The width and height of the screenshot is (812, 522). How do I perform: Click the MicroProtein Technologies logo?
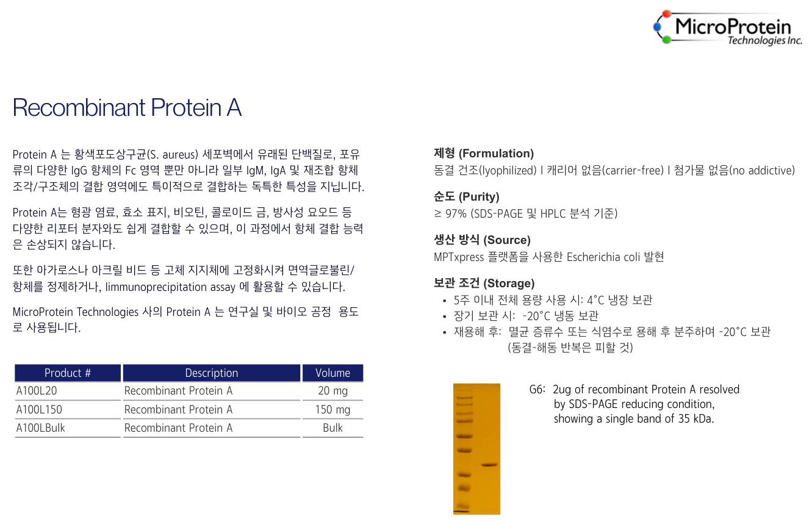tap(728, 28)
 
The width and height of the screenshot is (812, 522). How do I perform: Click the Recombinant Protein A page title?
tap(127, 107)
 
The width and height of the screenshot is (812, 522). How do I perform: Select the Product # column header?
tap(68, 373)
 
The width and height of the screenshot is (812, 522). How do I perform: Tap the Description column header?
tap(212, 373)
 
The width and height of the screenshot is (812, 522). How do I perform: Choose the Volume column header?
tap(332, 373)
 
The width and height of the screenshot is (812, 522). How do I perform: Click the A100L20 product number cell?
tap(37, 391)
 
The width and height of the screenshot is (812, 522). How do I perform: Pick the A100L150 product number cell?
tap(39, 410)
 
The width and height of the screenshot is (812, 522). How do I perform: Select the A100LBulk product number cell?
tap(41, 428)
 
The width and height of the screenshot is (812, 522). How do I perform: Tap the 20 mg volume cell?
tap(332, 391)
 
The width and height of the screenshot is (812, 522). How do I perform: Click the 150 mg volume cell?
tap(332, 410)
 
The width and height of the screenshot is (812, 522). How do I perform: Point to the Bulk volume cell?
tap(332, 428)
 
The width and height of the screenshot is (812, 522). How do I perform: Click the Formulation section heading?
tap(484, 154)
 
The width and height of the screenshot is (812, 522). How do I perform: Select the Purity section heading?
tap(467, 197)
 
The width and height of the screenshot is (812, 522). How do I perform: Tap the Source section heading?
tap(482, 240)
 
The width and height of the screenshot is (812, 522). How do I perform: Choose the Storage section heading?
tap(484, 284)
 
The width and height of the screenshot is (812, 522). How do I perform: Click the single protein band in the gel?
tap(489, 465)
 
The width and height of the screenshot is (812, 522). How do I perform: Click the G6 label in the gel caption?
tap(537, 390)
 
